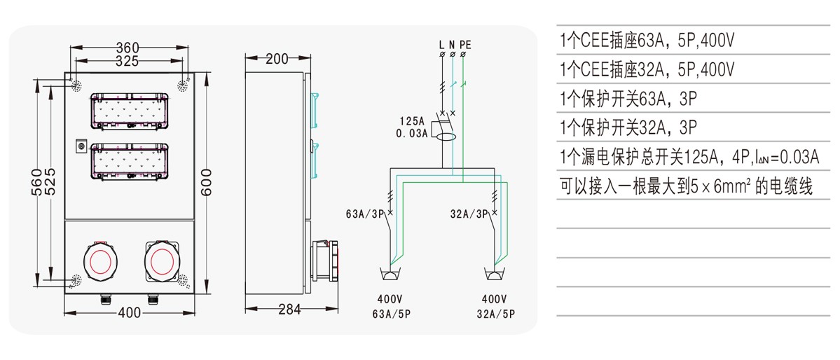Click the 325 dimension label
tap(127, 62)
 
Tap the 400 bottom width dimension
tap(130, 313)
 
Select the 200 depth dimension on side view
tap(277, 59)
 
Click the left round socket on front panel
tap(97, 261)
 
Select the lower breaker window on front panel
tap(130, 162)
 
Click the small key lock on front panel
tap(81, 146)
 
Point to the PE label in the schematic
tap(465, 45)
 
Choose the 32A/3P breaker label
tap(469, 213)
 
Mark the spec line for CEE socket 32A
tap(647, 69)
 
